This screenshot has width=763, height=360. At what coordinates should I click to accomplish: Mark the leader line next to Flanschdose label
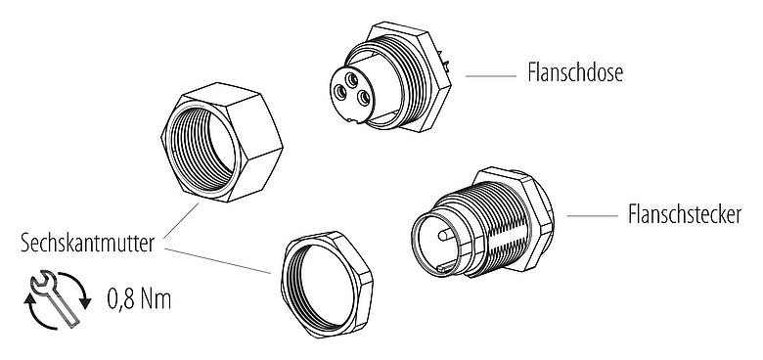click(x=488, y=74)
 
